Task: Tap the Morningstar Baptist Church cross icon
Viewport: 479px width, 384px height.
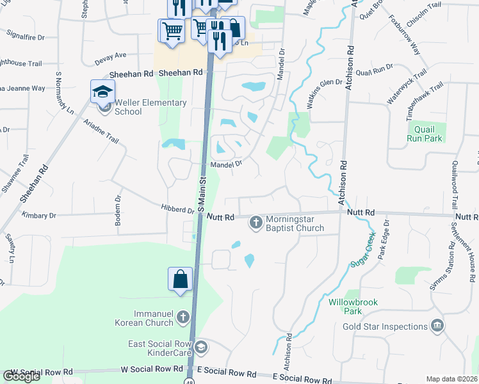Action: (x=256, y=223)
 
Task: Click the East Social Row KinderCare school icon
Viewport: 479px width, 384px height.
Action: (x=201, y=348)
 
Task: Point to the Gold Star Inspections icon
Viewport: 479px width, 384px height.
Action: (x=437, y=326)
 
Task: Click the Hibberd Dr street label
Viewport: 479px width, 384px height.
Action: (x=177, y=209)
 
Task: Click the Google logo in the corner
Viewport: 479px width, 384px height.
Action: (x=22, y=376)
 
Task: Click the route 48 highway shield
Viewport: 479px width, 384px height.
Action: (x=190, y=381)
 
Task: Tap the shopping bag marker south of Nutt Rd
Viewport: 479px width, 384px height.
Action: (x=180, y=279)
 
